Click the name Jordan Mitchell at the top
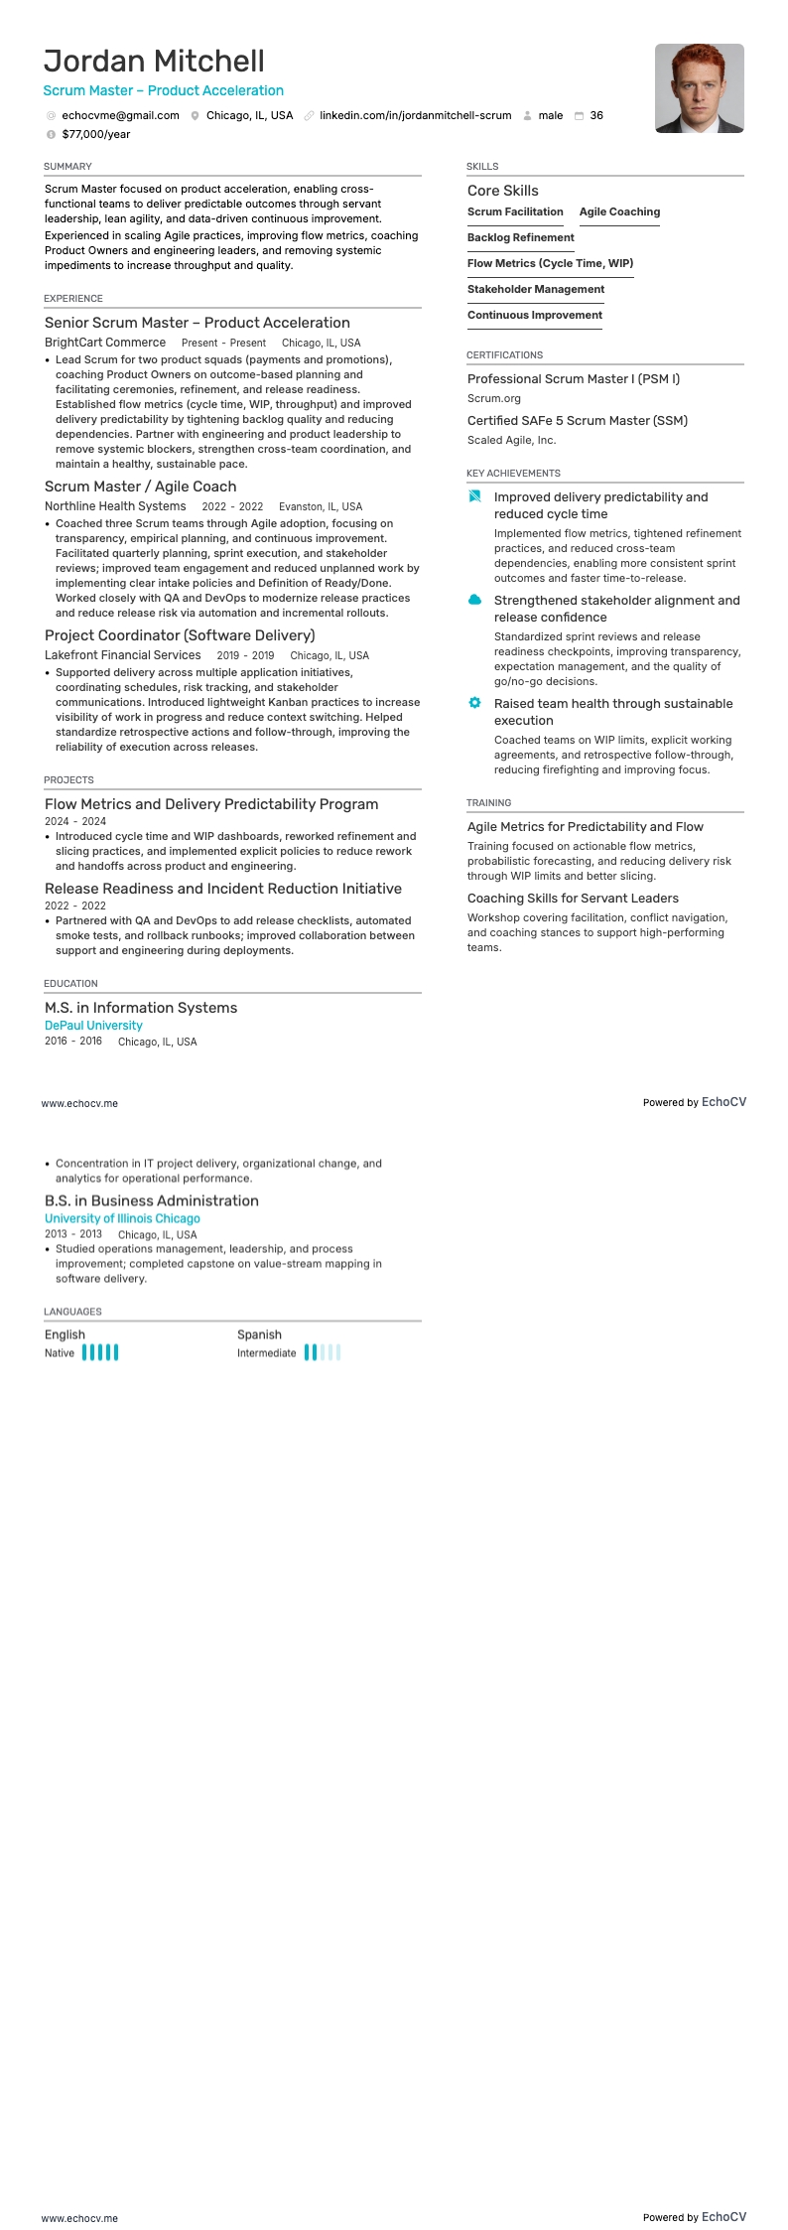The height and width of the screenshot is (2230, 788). point(154,62)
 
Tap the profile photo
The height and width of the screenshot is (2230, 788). point(699,88)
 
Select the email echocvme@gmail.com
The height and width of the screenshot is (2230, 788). point(120,115)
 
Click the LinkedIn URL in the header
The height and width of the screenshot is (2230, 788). point(415,115)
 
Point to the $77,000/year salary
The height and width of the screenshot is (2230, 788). point(95,134)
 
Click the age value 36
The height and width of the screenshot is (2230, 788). point(596,115)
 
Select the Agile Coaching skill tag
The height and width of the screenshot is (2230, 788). point(619,211)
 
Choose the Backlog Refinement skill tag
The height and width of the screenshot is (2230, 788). point(521,237)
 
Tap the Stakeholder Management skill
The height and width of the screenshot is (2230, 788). point(536,289)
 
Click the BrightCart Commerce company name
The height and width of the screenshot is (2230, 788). point(105,343)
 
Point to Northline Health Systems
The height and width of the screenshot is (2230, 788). point(115,506)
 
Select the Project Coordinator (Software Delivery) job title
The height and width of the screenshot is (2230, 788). point(180,635)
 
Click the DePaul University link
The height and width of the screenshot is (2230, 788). point(93,1026)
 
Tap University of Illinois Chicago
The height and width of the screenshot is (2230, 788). point(122,1218)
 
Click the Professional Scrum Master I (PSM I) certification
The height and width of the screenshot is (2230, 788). point(574,379)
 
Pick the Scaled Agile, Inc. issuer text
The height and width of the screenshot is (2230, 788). point(512,440)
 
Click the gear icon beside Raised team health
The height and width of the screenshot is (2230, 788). point(475,703)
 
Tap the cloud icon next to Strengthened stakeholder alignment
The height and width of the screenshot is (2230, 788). point(475,600)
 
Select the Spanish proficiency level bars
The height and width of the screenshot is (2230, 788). point(323,1352)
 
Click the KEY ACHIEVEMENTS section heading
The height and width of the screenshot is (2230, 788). point(513,474)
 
